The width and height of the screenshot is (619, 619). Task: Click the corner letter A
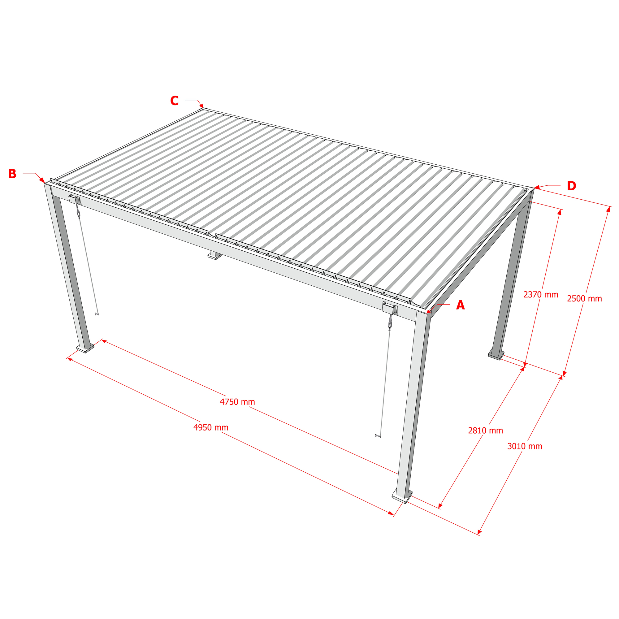461,305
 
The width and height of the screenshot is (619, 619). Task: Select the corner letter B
12,174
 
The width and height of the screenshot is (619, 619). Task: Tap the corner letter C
174,101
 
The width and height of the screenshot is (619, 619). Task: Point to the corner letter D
572,186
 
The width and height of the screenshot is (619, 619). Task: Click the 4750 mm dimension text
237,402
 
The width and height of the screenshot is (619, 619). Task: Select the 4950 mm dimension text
211,428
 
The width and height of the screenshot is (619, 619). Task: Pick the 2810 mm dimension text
485,431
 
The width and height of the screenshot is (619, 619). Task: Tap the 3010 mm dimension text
525,446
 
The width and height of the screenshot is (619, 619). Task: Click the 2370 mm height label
541,295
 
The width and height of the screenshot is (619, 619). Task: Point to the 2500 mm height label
584,299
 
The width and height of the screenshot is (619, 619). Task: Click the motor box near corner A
390,308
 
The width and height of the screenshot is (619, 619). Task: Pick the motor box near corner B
74,200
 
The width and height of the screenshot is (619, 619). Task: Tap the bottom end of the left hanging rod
97,314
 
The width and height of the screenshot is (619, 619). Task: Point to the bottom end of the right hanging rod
378,435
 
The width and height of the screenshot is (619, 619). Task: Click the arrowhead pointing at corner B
43,180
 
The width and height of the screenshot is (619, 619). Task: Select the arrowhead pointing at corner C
201,106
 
